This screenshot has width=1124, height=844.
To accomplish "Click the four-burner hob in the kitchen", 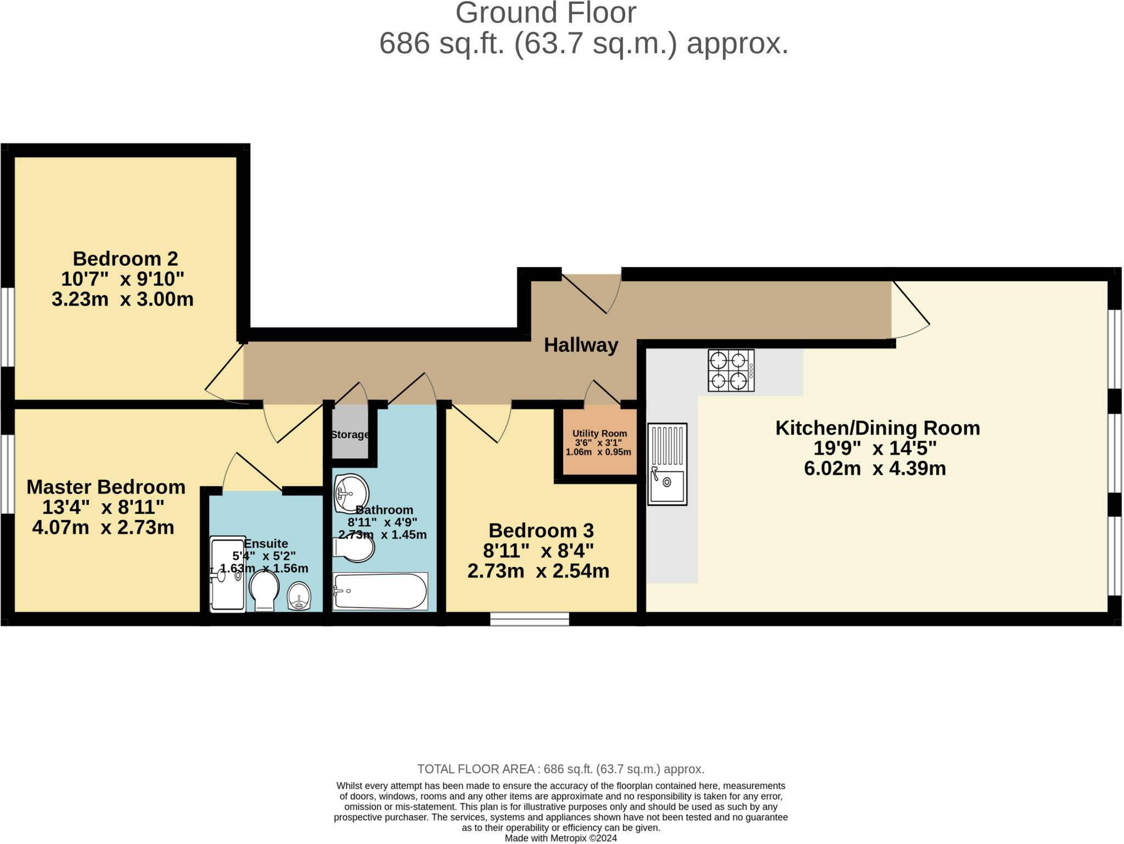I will click(x=730, y=370).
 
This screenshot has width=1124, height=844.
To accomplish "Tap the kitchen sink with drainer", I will click(x=667, y=464).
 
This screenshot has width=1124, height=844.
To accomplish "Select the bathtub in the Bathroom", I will click(x=380, y=591).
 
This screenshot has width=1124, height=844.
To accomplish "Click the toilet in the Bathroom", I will click(x=355, y=548).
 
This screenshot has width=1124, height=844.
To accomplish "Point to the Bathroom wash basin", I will click(x=351, y=487).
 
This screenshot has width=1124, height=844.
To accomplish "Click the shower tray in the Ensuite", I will click(x=228, y=574).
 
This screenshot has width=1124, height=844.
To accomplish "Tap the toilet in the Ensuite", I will click(x=264, y=590).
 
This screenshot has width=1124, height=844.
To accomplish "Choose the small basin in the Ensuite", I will click(x=299, y=595).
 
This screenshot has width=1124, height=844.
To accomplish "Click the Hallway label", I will click(x=581, y=345).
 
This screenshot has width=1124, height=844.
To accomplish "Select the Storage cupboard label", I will click(x=350, y=435).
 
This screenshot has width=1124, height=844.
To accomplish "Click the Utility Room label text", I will click(x=599, y=434).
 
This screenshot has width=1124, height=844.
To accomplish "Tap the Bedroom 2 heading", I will click(x=125, y=258).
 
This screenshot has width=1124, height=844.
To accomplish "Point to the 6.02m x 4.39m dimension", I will click(x=875, y=469).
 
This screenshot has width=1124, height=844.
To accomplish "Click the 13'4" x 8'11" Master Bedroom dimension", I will click(x=103, y=507).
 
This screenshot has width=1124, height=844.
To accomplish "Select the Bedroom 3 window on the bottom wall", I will click(x=529, y=619).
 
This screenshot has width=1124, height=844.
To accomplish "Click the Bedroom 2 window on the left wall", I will click(x=7, y=327).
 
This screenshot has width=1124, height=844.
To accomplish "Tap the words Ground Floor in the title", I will click(x=546, y=13).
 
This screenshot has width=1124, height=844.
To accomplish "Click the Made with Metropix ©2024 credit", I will click(x=560, y=838).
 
